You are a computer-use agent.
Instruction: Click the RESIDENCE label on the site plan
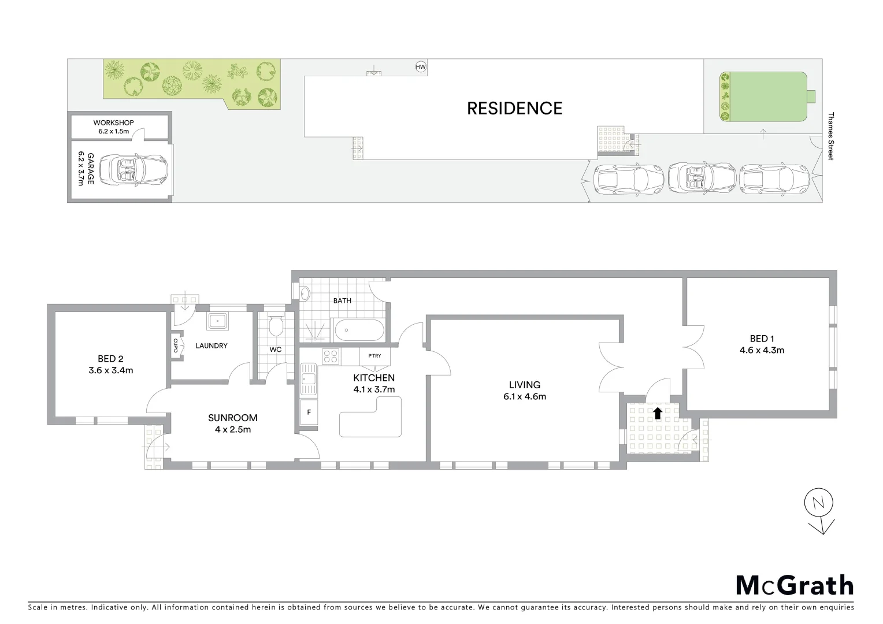pyautogui.click(x=514, y=109)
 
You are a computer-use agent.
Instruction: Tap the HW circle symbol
pyautogui.click(x=421, y=67)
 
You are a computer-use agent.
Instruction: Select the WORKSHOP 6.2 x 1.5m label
pyautogui.click(x=113, y=127)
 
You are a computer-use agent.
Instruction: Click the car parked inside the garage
pyautogui.click(x=133, y=170)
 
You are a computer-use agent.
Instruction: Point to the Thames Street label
pyautogui.click(x=831, y=136)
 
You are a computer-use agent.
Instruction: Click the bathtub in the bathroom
pyautogui.click(x=359, y=331)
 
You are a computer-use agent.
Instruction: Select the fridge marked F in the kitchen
pyautogui.click(x=309, y=412)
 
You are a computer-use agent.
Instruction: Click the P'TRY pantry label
pyautogui.click(x=374, y=355)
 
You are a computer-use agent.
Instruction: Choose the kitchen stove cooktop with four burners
pyautogui.click(x=330, y=356)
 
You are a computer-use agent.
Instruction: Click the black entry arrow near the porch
pyautogui.click(x=658, y=413)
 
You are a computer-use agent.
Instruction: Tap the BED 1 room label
pyautogui.click(x=762, y=344)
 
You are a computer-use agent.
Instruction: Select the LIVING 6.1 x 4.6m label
pyautogui.click(x=524, y=391)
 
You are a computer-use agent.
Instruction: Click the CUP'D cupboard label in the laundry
pyautogui.click(x=175, y=346)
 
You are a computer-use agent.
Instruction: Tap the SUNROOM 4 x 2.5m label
pyautogui.click(x=232, y=423)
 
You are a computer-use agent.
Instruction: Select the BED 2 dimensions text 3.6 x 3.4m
pyautogui.click(x=110, y=370)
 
